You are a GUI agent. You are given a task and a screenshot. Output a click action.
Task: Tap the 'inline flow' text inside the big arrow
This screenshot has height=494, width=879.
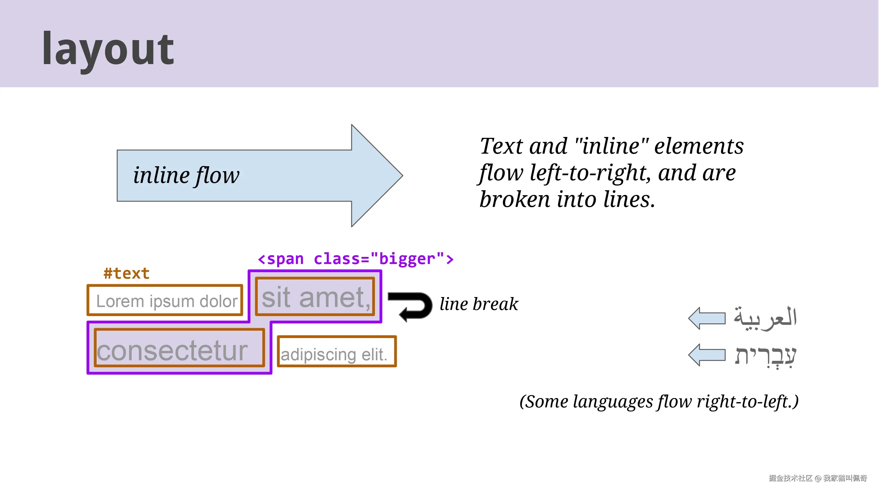(186, 176)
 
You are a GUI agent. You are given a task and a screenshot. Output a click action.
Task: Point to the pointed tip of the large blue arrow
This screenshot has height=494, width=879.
(403, 176)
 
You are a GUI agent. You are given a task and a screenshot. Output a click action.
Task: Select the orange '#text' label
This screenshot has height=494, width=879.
(127, 273)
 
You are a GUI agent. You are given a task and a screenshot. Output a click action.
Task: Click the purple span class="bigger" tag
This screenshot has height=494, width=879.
(356, 259)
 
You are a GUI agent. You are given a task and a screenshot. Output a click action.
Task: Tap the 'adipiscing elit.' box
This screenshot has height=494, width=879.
(337, 351)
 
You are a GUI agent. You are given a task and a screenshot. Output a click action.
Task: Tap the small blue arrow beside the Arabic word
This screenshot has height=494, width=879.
(707, 318)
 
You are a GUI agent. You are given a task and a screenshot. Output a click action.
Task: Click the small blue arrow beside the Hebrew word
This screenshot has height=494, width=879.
(707, 355)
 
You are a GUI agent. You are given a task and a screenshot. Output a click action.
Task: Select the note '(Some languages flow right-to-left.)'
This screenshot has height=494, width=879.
(659, 402)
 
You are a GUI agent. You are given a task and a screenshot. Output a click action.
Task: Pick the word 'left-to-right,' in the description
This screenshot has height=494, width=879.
(591, 173)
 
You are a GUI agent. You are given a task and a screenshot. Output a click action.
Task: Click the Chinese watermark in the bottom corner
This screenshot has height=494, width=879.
(817, 478)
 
